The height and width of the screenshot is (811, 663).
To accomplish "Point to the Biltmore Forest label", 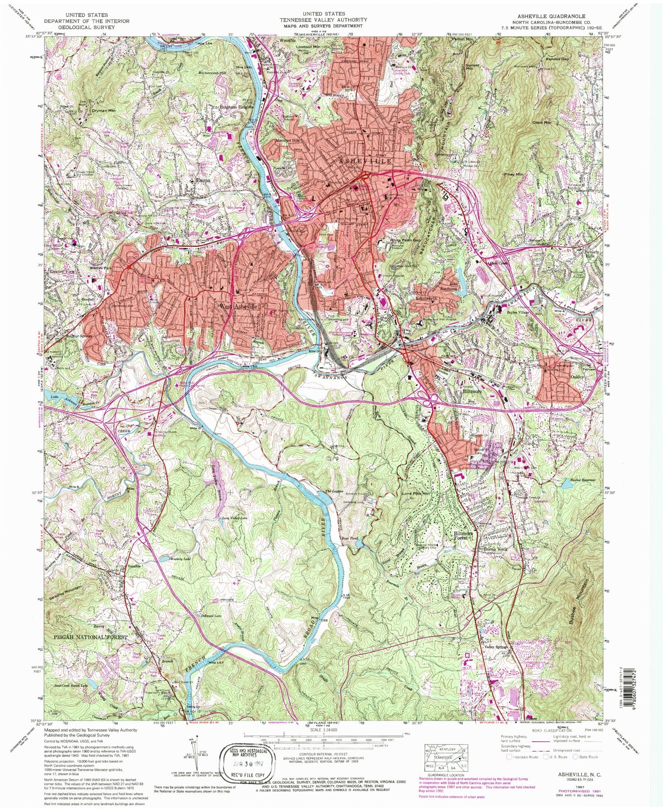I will (x=464, y=536).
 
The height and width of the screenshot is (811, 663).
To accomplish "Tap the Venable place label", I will (x=121, y=565).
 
